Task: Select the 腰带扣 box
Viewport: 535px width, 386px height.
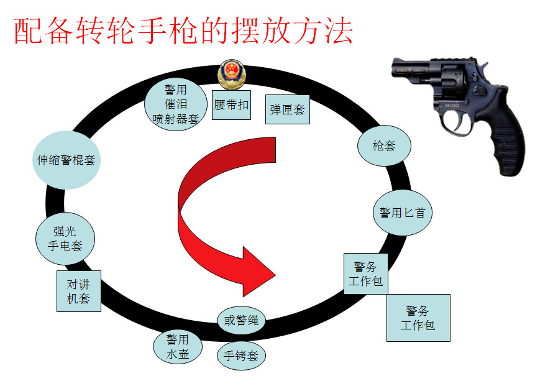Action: [x=231, y=104]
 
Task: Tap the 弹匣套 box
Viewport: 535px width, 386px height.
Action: [x=287, y=109]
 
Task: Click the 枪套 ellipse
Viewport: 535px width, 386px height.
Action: [x=383, y=147]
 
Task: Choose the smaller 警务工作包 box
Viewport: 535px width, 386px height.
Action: [x=365, y=273]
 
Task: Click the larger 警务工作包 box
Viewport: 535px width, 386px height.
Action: [x=418, y=318]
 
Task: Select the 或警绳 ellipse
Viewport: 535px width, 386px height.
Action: [x=241, y=321]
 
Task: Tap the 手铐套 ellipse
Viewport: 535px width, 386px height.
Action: [x=241, y=356]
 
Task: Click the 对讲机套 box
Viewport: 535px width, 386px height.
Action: [x=78, y=291]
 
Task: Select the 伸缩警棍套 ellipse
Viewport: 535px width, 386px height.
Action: [x=65, y=160]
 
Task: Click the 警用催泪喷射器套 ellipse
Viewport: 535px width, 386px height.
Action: [x=176, y=103]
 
